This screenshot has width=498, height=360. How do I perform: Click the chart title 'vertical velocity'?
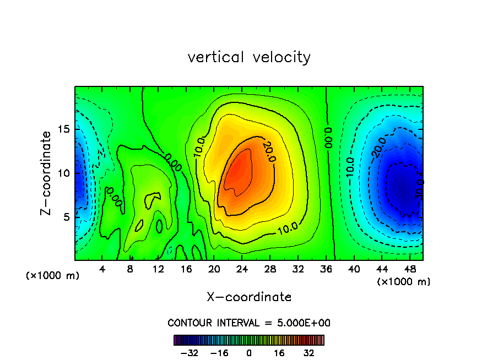[x=249, y=57]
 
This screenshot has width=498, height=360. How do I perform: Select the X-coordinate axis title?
[x=249, y=297]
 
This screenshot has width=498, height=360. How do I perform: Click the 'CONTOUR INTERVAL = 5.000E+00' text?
[x=249, y=323]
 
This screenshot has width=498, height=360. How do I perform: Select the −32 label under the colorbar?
[x=190, y=353]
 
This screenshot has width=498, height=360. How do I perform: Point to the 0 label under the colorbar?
[x=249, y=353]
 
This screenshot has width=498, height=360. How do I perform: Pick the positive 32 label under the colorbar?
[x=308, y=353]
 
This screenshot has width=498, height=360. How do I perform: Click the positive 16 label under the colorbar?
[x=279, y=353]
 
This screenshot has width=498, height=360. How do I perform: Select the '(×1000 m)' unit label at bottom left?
[x=53, y=275]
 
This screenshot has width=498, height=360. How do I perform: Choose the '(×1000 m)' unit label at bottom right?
[x=404, y=281]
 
